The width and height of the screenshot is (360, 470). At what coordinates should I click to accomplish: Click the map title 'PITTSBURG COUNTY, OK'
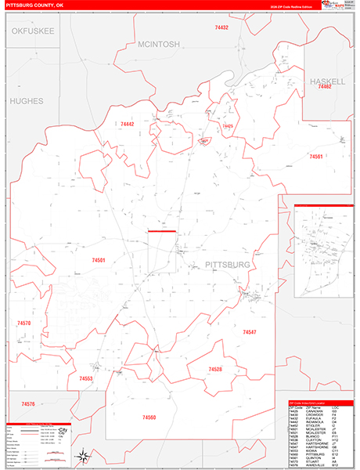[36, 5]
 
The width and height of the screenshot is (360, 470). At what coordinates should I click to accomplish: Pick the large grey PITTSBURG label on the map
[228, 265]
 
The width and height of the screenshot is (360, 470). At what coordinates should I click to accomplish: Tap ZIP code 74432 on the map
[221, 27]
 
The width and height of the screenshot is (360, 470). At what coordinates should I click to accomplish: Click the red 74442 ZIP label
[128, 124]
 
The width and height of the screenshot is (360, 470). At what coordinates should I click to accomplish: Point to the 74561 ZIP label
[316, 157]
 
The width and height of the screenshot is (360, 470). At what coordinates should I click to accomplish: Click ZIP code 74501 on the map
[99, 259]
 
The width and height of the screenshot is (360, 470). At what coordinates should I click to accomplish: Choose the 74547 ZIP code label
[250, 333]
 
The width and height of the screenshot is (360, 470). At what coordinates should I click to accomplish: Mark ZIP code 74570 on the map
[23, 323]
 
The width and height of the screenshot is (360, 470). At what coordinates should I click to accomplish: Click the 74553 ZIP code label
[86, 378]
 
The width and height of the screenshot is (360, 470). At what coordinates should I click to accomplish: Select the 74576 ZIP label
[28, 403]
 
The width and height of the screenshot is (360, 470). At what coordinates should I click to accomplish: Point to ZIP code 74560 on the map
[149, 417]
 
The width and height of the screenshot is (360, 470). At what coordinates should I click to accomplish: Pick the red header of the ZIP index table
[315, 404]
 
